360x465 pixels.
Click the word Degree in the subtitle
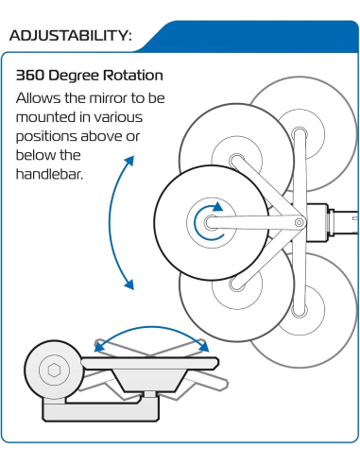pos(74,77)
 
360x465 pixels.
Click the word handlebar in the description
pos(48,174)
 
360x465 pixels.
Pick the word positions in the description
pos(46,137)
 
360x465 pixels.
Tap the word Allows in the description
pos(38,98)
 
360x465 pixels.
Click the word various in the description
pos(118,117)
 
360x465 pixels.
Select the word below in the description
pos(33,155)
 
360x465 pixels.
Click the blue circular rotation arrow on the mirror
pos(208,222)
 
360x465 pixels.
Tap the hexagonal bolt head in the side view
pos(54,370)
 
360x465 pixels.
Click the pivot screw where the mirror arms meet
pos(299,223)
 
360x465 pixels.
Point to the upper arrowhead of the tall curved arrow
pos(129,161)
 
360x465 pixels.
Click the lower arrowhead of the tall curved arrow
pos(129,284)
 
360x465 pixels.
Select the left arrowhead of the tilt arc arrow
pos(99,347)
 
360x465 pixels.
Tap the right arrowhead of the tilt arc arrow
pos(203,347)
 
